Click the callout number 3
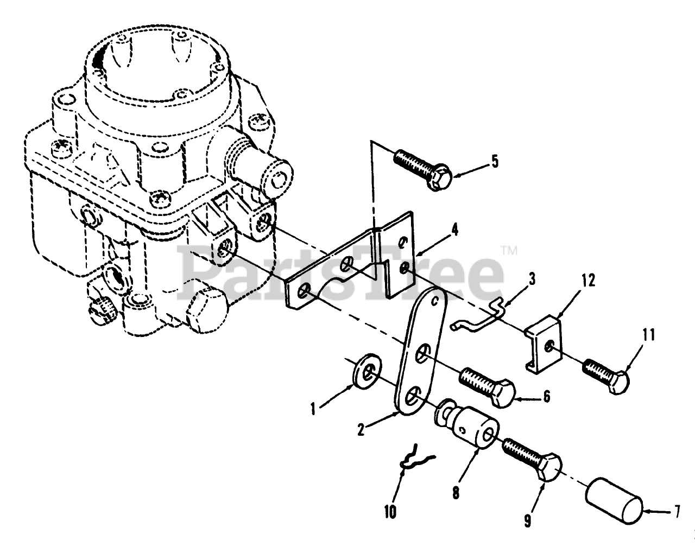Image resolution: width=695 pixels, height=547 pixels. [532, 279]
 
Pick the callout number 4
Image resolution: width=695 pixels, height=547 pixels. [454, 230]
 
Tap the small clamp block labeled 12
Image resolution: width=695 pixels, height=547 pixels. [543, 343]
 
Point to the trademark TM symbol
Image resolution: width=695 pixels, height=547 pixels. [509, 251]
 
